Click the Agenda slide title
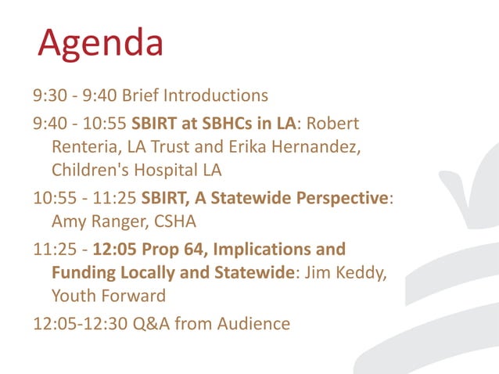click(x=101, y=44)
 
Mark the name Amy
click(x=67, y=221)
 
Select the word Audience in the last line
click(x=253, y=324)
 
